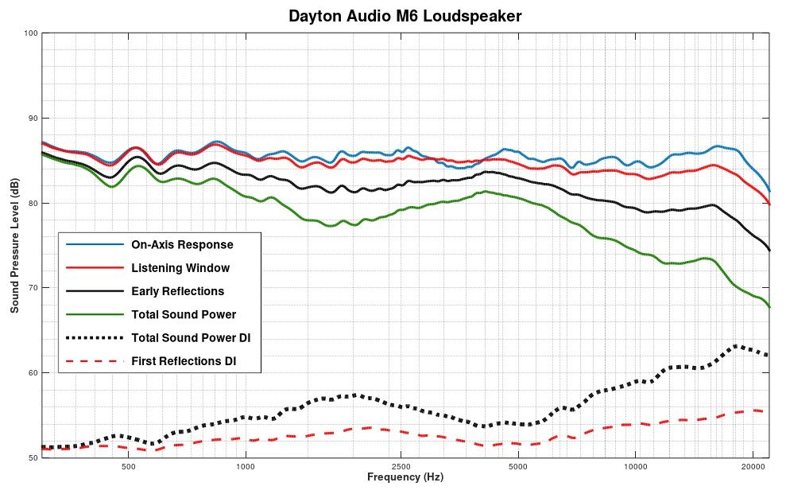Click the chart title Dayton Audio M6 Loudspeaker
click(x=405, y=16)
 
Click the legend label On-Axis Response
click(x=182, y=244)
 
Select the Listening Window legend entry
click(x=180, y=268)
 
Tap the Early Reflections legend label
click(x=178, y=291)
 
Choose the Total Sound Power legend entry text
click(x=184, y=314)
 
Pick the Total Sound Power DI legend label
click(x=192, y=338)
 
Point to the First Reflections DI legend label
click(x=185, y=362)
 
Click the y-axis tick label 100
click(x=31, y=33)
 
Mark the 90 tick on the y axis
click(x=33, y=119)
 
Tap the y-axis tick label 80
click(x=33, y=203)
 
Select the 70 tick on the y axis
click(x=33, y=288)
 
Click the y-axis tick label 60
click(x=33, y=372)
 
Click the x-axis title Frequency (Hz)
click(x=405, y=477)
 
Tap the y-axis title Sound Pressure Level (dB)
click(x=14, y=245)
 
